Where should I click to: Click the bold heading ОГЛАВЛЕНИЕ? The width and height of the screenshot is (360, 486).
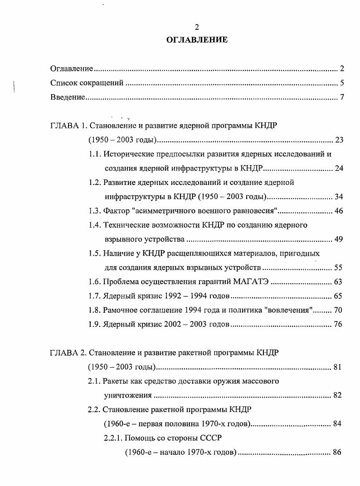[x=197, y=40]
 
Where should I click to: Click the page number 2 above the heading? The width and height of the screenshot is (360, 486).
[x=197, y=28]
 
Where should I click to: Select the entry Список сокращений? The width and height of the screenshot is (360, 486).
[x=87, y=83]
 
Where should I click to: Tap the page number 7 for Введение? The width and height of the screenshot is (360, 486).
[x=342, y=97]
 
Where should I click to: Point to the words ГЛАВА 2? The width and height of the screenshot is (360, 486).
[x=67, y=353]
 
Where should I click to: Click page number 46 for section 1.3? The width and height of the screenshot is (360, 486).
[x=339, y=211]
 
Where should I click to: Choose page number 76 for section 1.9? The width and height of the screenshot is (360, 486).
[x=339, y=325]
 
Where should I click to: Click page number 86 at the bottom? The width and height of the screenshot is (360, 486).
[x=336, y=452]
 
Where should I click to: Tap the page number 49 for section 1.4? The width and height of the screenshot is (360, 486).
[x=339, y=239]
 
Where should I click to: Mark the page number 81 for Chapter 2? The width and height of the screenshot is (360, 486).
[x=337, y=367]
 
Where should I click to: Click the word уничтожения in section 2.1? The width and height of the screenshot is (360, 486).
[x=127, y=395]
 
